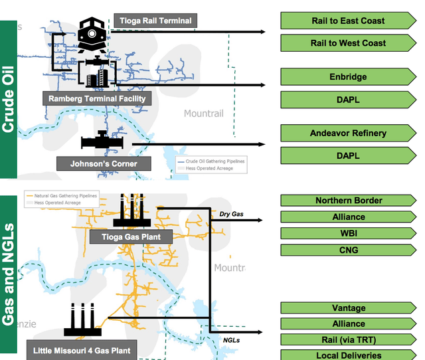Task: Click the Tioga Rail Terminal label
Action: tap(155, 21)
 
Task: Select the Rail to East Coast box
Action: tap(348, 21)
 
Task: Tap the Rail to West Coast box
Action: tap(348, 43)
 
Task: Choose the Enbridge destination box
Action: tap(348, 77)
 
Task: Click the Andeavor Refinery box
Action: tap(348, 134)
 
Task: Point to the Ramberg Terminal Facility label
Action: tap(97, 98)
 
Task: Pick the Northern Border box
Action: tap(348, 201)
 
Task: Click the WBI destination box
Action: tap(348, 233)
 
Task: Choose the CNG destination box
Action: tap(348, 250)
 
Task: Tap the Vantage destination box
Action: tap(348, 308)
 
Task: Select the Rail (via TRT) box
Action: tap(348, 340)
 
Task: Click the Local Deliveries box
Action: tap(348, 355)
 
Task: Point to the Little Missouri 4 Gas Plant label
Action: tap(82, 349)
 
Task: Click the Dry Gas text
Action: tap(232, 214)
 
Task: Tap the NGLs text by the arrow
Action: tap(231, 340)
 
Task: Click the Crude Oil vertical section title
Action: tap(9, 99)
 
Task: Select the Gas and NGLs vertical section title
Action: tap(9, 274)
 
